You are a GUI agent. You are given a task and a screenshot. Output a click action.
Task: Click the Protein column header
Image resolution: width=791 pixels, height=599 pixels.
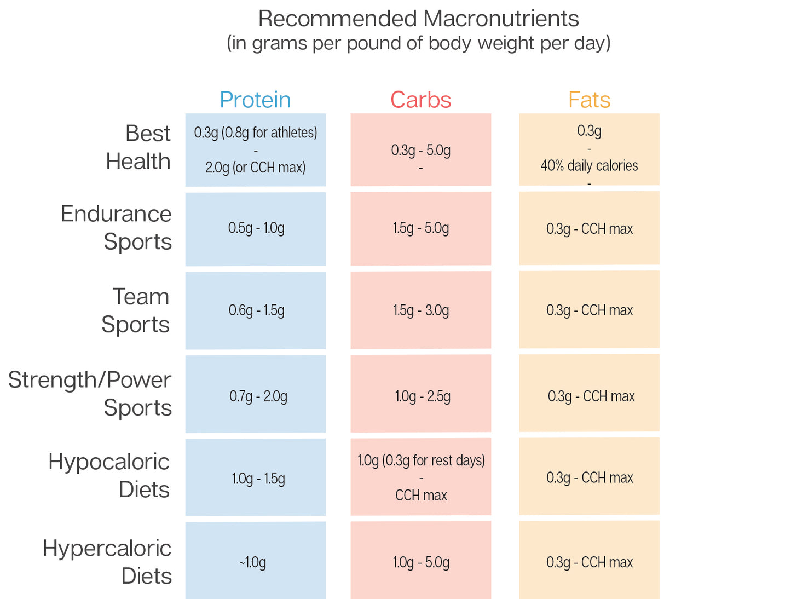tap(255, 100)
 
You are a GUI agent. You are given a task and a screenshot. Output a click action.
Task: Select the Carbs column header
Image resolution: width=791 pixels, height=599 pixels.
tap(420, 100)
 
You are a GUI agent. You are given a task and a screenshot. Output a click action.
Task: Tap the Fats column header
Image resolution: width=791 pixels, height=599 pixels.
tap(589, 100)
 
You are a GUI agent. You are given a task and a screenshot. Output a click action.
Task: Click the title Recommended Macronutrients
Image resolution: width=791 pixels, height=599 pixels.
tap(418, 19)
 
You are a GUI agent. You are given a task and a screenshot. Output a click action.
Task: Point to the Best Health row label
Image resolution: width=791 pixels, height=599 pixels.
tap(138, 147)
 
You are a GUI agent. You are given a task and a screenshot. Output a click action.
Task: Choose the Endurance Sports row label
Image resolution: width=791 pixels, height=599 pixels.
tap(116, 228)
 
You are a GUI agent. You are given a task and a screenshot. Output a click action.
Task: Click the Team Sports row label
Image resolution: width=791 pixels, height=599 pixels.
tap(136, 310)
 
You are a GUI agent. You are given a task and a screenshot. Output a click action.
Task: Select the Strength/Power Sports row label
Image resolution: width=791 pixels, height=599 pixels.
tap(90, 394)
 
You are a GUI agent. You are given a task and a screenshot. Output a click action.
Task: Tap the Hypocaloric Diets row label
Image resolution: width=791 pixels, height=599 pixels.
tap(109, 476)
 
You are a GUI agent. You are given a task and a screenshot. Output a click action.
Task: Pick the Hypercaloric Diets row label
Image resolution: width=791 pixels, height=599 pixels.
tap(107, 562)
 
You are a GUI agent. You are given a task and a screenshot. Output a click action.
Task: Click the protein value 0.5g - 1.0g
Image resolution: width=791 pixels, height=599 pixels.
tap(256, 228)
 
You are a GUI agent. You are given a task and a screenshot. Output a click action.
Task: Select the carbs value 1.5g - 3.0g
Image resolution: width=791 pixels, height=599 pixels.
tap(421, 310)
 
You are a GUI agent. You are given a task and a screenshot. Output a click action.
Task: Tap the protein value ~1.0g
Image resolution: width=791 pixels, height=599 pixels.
tap(252, 562)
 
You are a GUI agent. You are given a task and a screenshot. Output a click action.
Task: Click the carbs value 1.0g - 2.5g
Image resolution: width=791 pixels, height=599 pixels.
tap(423, 396)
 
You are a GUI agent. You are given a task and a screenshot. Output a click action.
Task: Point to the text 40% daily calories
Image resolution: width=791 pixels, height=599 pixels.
tap(589, 166)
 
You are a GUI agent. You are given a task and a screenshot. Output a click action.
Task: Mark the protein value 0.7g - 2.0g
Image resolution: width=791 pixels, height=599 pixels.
tap(258, 396)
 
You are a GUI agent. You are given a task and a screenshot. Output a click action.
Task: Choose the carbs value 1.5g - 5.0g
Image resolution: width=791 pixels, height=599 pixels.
tap(421, 228)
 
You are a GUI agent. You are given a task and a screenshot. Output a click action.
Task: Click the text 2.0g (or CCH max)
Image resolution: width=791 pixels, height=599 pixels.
tap(256, 168)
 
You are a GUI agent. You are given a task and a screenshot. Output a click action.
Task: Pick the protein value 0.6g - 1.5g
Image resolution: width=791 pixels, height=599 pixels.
tap(257, 310)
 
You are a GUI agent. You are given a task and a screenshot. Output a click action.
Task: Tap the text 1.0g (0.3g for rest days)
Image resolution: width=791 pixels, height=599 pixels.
tap(421, 460)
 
